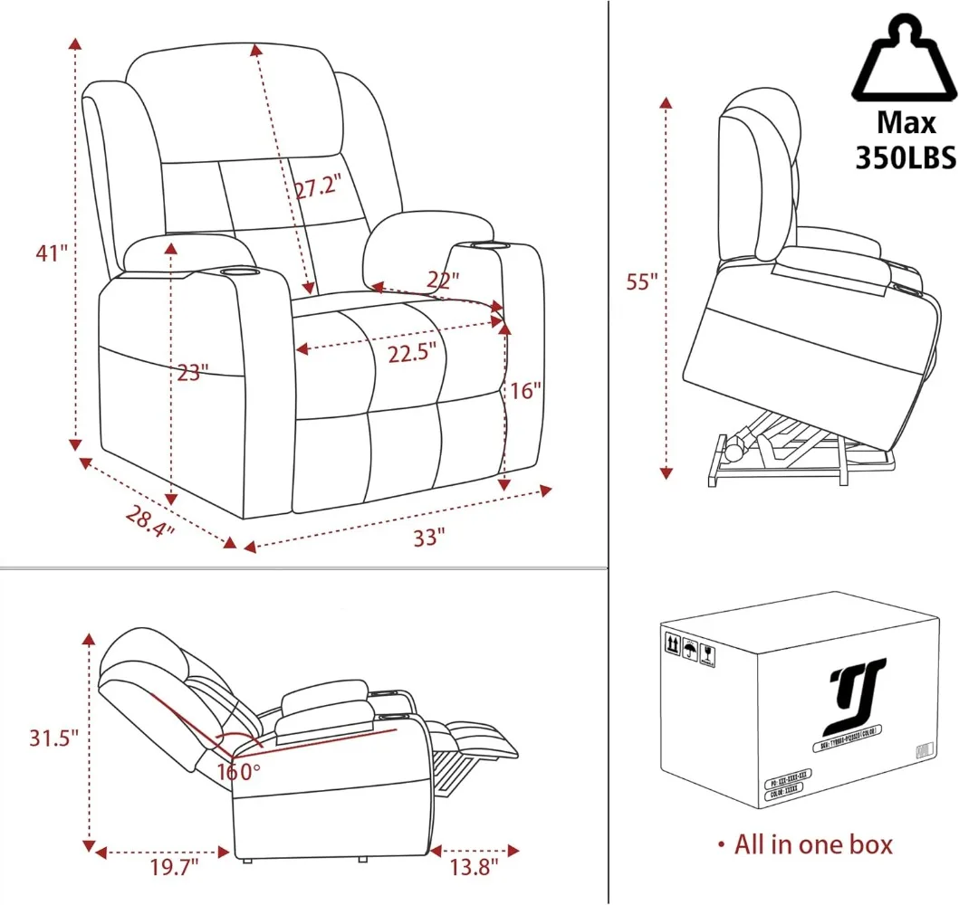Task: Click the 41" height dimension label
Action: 53,253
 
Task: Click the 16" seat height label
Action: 525,391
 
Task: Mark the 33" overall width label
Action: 430,538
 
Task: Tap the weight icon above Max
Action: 905,62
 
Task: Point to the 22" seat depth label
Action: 440,281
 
